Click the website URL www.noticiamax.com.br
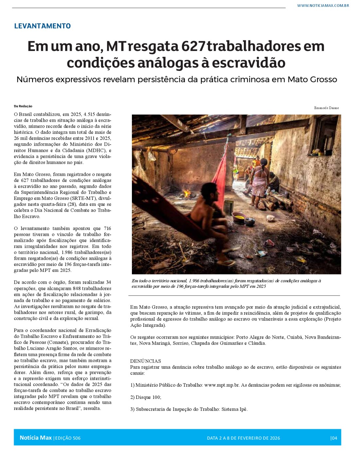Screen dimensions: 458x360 pyautogui.click(x=323, y=6)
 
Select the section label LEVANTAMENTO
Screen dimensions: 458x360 pyautogui.click(x=42, y=26)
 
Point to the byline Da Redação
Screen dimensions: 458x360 pyautogui.click(x=23, y=106)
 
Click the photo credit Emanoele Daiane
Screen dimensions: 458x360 pyautogui.click(x=326, y=108)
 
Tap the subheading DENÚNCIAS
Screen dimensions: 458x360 pyautogui.click(x=145, y=361)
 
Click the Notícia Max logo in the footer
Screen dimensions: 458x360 pyautogui.click(x=36, y=438)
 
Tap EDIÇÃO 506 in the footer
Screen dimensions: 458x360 pyautogui.click(x=67, y=438)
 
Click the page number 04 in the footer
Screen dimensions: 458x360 pyautogui.click(x=334, y=438)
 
